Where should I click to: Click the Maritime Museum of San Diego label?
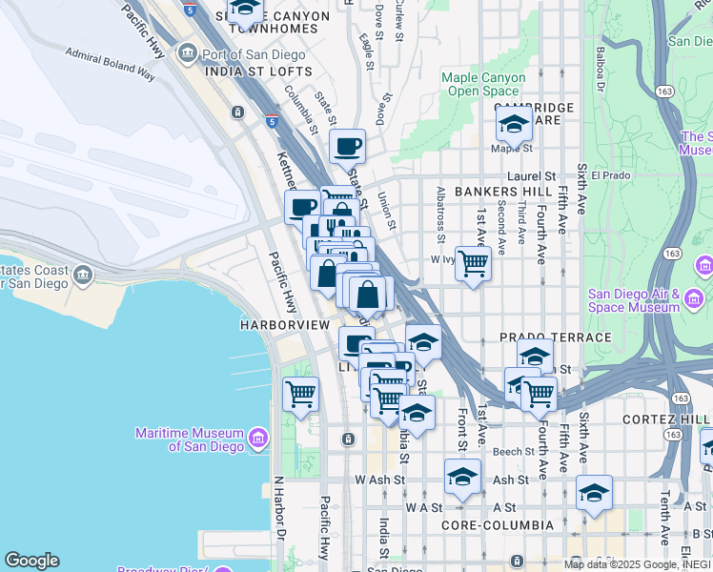pyautogui.click(x=189, y=439)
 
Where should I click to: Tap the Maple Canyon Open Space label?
pyautogui.click(x=483, y=85)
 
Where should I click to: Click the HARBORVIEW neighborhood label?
pyautogui.click(x=285, y=325)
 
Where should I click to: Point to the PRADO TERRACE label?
pyautogui.click(x=555, y=337)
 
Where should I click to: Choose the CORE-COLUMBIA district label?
pyautogui.click(x=498, y=525)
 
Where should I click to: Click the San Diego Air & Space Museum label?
pyautogui.click(x=632, y=300)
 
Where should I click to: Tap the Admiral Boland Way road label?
pyautogui.click(x=111, y=62)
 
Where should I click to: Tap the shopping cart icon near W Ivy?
pyautogui.click(x=473, y=263)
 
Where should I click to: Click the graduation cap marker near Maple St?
pyautogui.click(x=514, y=125)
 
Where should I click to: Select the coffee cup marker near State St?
pyautogui.click(x=347, y=148)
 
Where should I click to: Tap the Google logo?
pyautogui.click(x=31, y=561)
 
